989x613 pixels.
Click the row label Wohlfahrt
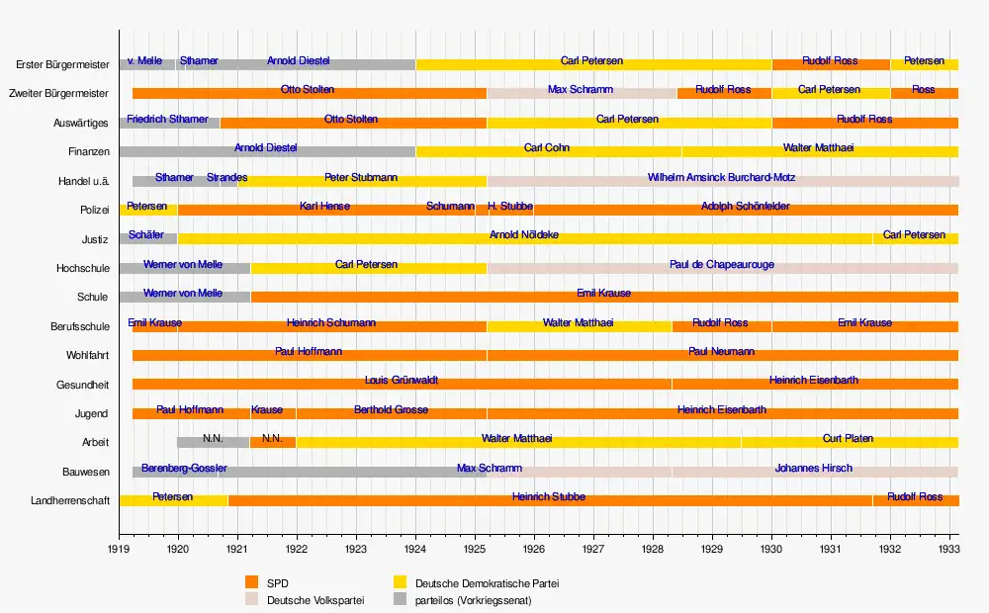pos(87,355)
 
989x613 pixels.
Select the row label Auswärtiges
pos(81,124)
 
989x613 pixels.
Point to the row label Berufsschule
pos(79,326)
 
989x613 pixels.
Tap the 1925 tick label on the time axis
pos(475,546)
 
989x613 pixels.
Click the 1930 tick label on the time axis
pos(771,546)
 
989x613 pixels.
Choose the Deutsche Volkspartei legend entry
pos(309,600)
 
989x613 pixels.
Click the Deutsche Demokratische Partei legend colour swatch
pos(400,583)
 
